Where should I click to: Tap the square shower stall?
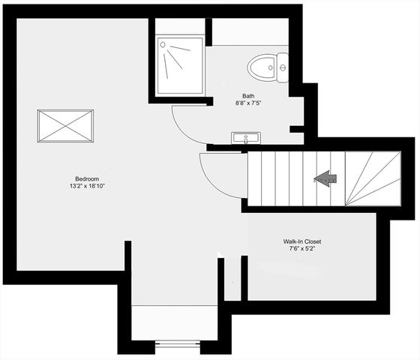coord(180,67)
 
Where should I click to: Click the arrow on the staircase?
coord(325,179)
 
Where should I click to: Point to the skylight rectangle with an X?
coord(66,125)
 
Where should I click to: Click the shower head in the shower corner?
coord(165,45)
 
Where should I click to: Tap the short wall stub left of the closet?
coord(244,278)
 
